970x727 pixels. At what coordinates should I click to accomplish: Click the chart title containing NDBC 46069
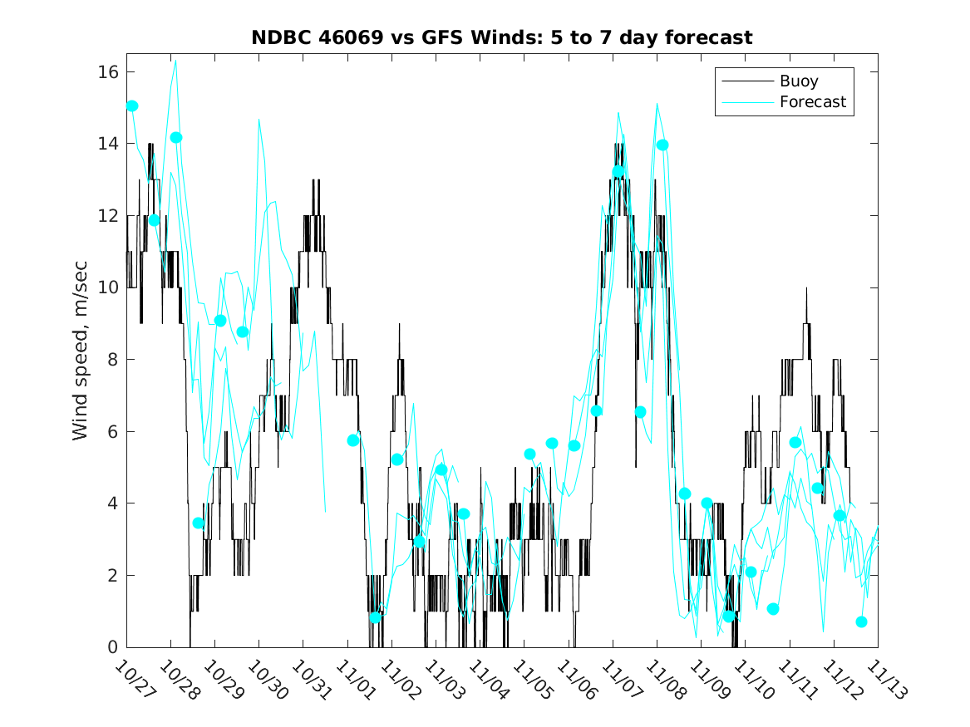pos(501,37)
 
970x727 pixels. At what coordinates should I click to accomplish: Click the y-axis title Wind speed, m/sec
pos(80,359)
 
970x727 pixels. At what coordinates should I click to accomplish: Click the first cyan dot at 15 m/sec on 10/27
pos(131,106)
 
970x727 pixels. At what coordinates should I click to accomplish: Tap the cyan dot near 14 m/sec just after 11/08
pos(662,145)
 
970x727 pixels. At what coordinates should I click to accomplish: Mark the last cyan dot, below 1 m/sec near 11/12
pos(861,621)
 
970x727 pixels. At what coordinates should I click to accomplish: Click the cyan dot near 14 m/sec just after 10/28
pos(175,137)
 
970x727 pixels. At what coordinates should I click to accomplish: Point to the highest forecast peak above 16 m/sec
pos(175,61)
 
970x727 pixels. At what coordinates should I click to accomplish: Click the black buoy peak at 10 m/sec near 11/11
pos(805,288)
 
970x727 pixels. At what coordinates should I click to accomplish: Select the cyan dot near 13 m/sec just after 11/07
pos(618,172)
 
